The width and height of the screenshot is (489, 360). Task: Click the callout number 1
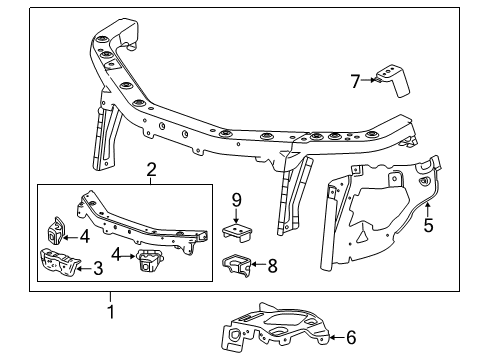pos(111,311)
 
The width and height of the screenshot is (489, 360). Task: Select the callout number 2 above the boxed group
pos(150,169)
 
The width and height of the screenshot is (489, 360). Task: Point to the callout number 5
pos(429,226)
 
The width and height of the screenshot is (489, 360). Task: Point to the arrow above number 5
pos(429,208)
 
